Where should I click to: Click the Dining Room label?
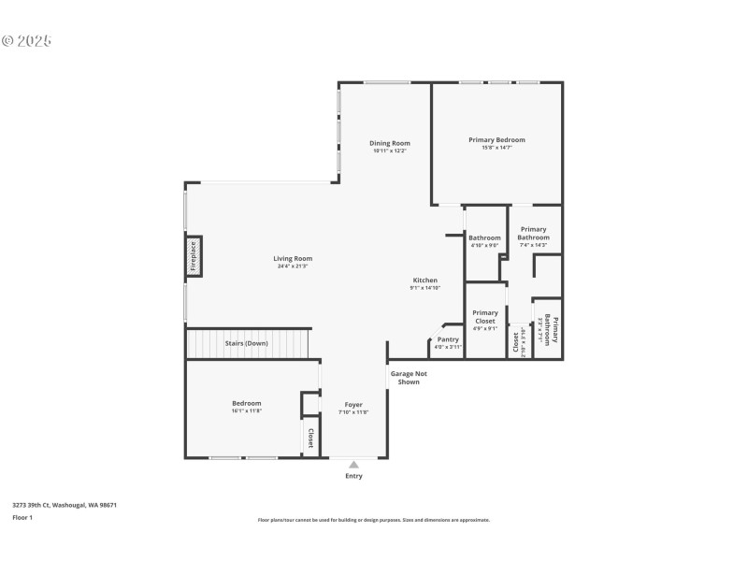tap(390, 143)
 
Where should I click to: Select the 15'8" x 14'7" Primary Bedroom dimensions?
tap(496, 148)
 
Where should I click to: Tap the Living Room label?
tap(293, 258)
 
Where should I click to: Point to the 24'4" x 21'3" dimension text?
tap(293, 266)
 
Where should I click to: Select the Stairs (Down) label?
tap(246, 343)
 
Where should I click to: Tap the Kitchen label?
tap(424, 280)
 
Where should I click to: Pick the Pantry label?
tap(448, 339)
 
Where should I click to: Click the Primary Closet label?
tap(485, 317)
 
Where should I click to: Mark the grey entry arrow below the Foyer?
tap(353, 464)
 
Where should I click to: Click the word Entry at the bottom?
tap(353, 476)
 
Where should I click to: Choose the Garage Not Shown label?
tap(405, 378)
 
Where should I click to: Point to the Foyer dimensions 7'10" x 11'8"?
tap(353, 412)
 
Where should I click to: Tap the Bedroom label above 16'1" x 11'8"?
tap(247, 403)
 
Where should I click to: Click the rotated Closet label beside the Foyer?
tap(310, 438)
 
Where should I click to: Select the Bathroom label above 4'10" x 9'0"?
tap(484, 237)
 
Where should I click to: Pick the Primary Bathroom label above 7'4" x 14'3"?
tap(534, 233)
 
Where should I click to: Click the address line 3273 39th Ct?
tap(65, 505)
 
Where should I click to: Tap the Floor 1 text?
tap(22, 517)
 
